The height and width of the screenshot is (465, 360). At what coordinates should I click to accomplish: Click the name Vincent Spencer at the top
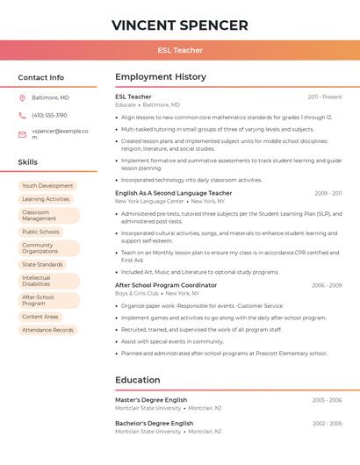click(x=180, y=25)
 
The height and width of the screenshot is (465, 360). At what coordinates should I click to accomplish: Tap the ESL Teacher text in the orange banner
click(x=180, y=50)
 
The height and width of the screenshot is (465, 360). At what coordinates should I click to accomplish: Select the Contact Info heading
click(x=41, y=77)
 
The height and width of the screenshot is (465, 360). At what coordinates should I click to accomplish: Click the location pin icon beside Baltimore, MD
click(x=22, y=97)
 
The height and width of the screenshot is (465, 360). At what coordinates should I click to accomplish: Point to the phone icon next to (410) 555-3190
click(x=22, y=115)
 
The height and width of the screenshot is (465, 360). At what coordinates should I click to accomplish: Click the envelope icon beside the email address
click(x=22, y=134)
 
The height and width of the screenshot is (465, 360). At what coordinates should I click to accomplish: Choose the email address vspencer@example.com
click(x=60, y=133)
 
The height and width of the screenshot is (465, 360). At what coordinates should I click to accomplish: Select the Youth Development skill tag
click(x=47, y=186)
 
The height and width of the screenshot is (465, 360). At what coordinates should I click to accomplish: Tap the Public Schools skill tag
click(x=40, y=232)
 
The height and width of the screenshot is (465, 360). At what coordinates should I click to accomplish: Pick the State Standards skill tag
click(x=42, y=264)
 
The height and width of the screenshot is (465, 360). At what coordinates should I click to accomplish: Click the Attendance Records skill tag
click(x=47, y=330)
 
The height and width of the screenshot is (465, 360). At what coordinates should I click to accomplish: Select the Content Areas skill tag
click(x=40, y=317)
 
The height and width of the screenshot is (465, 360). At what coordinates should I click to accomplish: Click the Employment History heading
click(x=160, y=77)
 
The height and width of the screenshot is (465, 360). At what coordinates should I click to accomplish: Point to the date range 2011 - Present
click(x=325, y=97)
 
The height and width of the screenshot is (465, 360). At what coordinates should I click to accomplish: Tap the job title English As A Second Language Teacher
click(x=174, y=193)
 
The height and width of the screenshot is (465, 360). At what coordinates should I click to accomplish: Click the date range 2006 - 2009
click(x=327, y=285)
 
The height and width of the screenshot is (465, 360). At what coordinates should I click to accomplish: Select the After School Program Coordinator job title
click(x=166, y=285)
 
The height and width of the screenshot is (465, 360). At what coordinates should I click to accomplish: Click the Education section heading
click(x=138, y=380)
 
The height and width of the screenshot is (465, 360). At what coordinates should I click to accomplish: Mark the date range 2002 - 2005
click(x=327, y=423)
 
